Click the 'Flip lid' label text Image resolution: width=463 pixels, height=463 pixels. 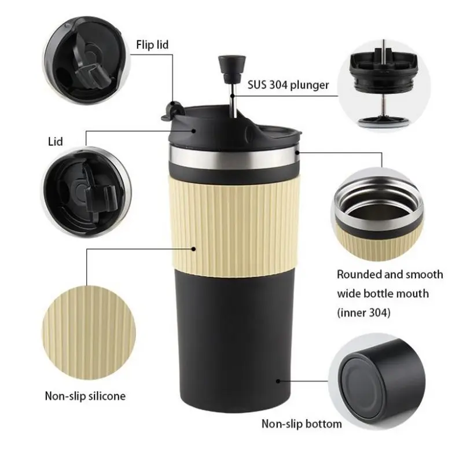click(x=152, y=45)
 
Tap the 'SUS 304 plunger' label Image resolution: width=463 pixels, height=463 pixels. click(x=288, y=85)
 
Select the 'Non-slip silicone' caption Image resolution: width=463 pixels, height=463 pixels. click(x=85, y=396)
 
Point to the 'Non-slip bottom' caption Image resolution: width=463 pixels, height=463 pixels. click(x=302, y=424)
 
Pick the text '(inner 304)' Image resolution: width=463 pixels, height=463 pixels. click(x=364, y=313)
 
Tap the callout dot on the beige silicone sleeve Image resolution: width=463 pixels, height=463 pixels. click(x=194, y=249)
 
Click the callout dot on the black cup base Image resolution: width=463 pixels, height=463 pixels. click(x=278, y=381)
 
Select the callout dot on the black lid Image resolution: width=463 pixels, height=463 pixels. click(x=194, y=130)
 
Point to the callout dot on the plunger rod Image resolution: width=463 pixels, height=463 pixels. click(x=233, y=95)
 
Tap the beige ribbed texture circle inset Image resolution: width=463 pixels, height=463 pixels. click(x=89, y=333)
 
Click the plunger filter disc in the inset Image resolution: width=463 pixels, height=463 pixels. click(x=384, y=121)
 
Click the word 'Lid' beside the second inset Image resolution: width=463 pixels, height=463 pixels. click(x=56, y=142)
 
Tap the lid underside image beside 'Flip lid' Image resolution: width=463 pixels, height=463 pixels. click(x=87, y=61)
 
